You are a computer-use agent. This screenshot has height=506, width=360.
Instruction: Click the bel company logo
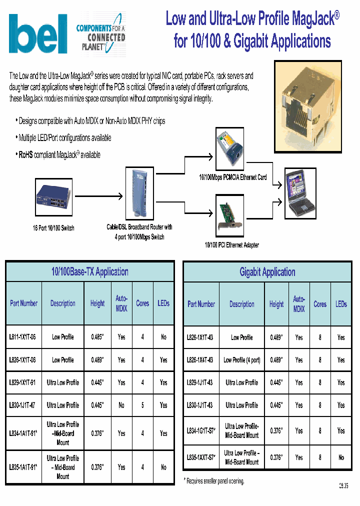coord(38,34)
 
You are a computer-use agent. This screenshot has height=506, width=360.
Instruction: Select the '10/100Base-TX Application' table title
coord(90,272)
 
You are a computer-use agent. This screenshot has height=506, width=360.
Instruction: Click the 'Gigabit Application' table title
coord(267,272)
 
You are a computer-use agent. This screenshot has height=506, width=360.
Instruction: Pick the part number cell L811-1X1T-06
coord(23,337)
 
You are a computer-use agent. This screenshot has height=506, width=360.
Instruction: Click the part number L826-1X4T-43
coord(200,360)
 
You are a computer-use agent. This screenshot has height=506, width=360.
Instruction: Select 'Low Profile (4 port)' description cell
coord(241,360)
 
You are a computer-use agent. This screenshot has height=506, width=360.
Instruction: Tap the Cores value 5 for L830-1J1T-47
coord(142,405)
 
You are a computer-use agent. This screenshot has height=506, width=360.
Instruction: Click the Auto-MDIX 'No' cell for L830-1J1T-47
coord(121,405)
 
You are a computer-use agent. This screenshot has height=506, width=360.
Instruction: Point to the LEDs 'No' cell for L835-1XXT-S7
coord(341,457)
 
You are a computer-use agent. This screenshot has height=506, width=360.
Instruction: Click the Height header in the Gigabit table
coord(276,304)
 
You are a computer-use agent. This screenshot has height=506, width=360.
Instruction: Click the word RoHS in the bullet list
coord(25,155)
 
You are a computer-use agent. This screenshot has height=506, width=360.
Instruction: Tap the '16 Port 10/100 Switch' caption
coord(53,228)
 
